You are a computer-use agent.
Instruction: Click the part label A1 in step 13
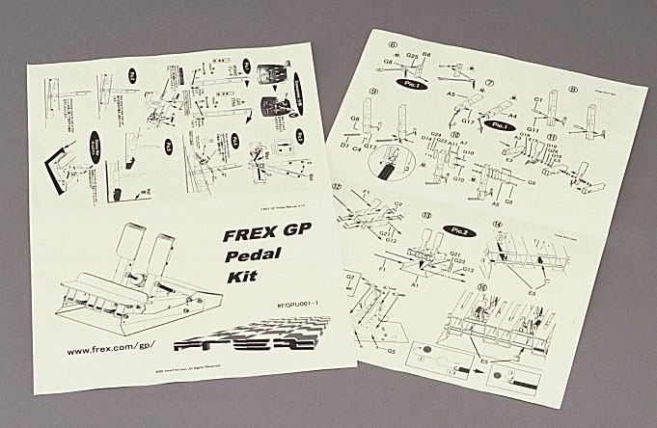(x=415, y=286)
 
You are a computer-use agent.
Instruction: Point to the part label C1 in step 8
(x=538, y=99)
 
